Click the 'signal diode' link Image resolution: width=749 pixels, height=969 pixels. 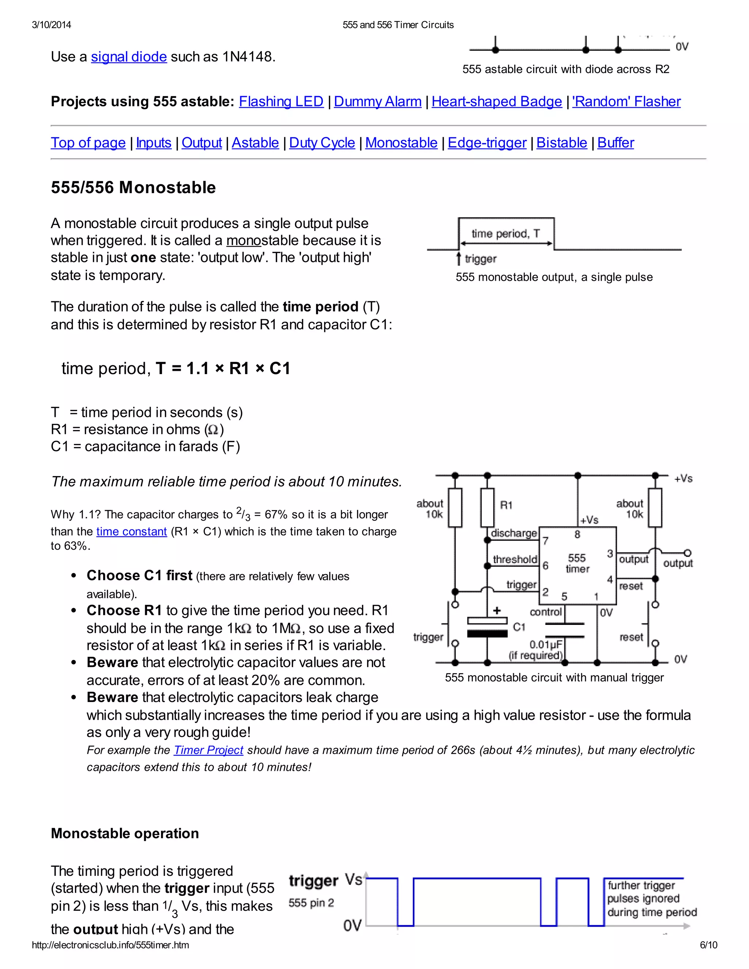click(129, 57)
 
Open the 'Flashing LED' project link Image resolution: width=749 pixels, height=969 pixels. click(281, 102)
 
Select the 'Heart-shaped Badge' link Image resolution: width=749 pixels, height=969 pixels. click(497, 102)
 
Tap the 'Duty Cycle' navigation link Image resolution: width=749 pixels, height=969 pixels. click(322, 143)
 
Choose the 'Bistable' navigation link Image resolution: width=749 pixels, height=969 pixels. click(561, 143)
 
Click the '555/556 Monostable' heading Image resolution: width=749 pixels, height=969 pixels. click(133, 187)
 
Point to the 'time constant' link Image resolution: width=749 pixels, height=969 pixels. click(131, 532)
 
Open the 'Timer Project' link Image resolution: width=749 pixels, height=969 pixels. click(208, 750)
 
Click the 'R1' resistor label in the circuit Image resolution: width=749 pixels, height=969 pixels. click(506, 505)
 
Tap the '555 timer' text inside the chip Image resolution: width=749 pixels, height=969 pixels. click(577, 563)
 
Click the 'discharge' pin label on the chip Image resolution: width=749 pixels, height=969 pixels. click(514, 533)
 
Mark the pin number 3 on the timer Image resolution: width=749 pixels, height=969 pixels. click(610, 553)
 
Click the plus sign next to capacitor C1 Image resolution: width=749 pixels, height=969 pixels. click(497, 611)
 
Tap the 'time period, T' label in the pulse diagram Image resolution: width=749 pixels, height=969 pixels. click(505, 233)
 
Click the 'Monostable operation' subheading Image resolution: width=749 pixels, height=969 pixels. click(125, 833)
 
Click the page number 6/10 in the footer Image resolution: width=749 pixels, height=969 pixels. click(708, 945)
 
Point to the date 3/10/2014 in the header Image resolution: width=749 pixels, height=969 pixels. click(52, 25)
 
